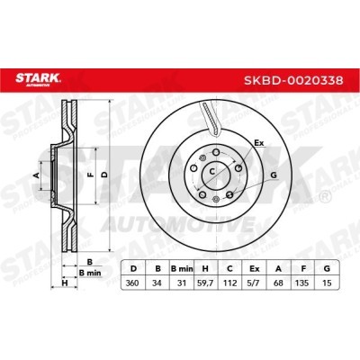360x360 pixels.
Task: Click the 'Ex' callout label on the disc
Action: [259, 143]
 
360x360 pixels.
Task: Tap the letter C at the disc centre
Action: [212, 170]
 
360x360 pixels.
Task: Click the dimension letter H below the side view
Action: [63, 284]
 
